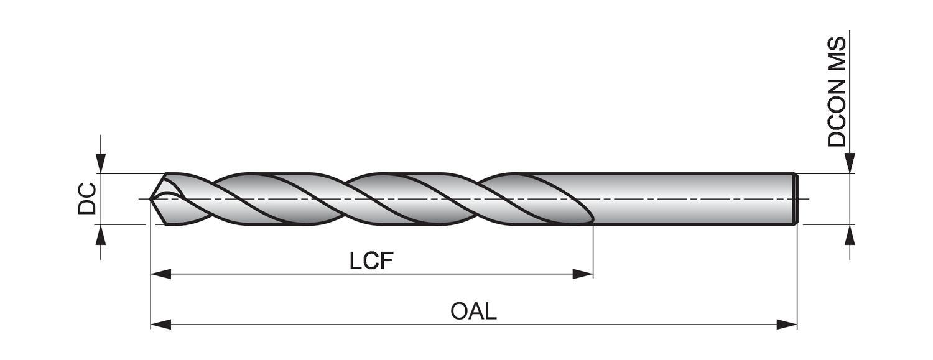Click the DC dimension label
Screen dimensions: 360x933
click(87, 198)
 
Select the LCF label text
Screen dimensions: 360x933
click(371, 261)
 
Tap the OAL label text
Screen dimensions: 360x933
click(473, 311)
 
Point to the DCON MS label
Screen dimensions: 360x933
click(837, 91)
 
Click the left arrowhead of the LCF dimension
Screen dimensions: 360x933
click(161, 274)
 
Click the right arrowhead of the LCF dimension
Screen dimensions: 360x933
click(583, 274)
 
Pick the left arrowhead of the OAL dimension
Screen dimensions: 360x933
click(161, 324)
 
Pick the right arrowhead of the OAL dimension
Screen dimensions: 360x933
click(787, 324)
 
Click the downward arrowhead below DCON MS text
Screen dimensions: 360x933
click(850, 164)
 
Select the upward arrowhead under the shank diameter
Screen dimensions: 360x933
click(850, 234)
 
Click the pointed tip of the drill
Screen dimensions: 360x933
click(151, 199)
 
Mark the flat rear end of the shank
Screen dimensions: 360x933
click(796, 199)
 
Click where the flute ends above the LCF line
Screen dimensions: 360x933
click(592, 221)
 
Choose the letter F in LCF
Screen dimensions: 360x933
click(387, 261)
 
